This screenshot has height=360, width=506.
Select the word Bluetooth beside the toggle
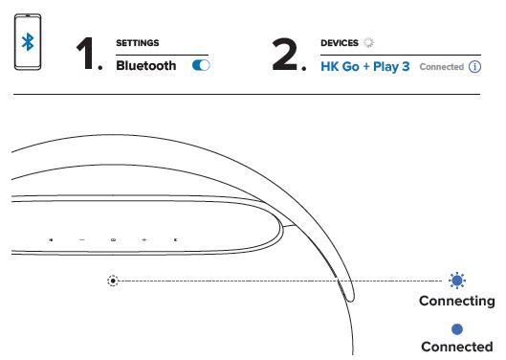pyautogui.click(x=145, y=66)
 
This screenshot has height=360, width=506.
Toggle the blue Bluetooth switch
pyautogui.click(x=201, y=66)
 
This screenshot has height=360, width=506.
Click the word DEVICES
pyautogui.click(x=339, y=44)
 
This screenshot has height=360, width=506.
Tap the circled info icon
pyautogui.click(x=473, y=68)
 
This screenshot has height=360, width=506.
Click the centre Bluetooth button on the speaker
pyautogui.click(x=113, y=238)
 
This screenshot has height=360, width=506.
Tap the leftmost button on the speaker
pyautogui.click(x=51, y=238)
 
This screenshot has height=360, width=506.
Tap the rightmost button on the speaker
pyautogui.click(x=175, y=238)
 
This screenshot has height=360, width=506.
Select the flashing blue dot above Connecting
pyautogui.click(x=457, y=281)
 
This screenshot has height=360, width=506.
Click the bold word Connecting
pyautogui.click(x=457, y=302)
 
